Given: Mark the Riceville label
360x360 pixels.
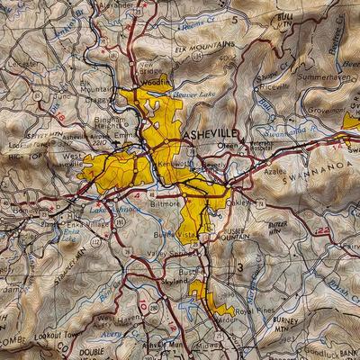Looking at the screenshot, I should [272, 86].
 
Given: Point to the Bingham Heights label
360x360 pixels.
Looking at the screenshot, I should [100, 123].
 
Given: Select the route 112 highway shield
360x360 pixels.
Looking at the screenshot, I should [96, 241].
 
